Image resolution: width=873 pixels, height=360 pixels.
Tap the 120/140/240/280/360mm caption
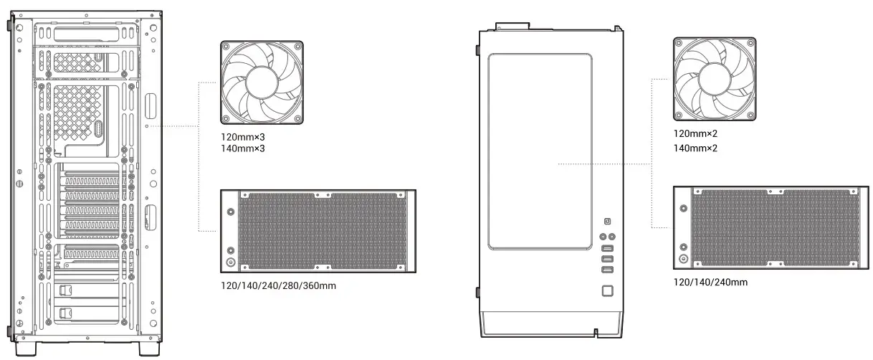click(x=279, y=285)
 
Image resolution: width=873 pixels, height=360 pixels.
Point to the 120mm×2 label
click(x=695, y=134)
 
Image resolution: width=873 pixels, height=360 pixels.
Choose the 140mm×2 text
click(x=695, y=149)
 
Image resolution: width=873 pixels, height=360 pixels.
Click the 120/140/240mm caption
click(x=710, y=282)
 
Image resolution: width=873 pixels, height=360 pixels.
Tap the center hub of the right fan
click(x=715, y=79)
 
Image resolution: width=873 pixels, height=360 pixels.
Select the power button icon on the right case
click(x=607, y=221)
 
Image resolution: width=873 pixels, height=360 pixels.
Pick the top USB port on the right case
click(x=607, y=247)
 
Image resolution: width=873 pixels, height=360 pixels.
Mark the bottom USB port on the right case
click(x=607, y=270)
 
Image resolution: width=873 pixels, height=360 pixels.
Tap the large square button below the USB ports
click(x=607, y=290)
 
